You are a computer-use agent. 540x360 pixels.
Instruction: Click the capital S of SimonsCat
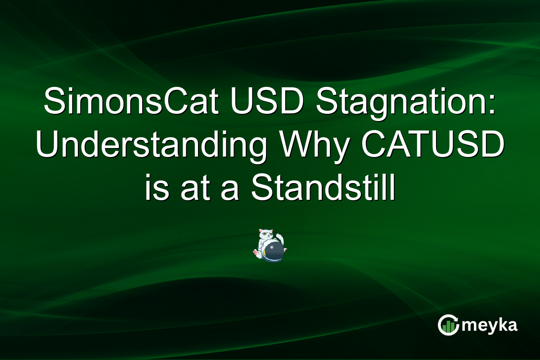pos(53,101)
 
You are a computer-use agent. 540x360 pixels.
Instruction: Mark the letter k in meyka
pos(500,324)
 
